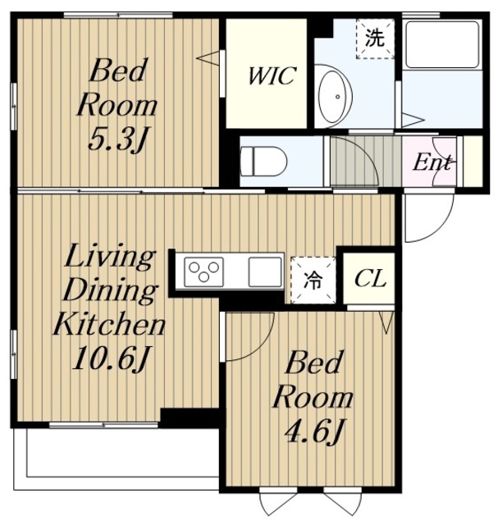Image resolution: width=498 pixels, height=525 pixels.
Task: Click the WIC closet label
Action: tap(272, 75)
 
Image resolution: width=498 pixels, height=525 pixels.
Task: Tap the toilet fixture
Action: tap(263, 162)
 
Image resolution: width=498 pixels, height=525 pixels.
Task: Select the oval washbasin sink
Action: tap(335, 97)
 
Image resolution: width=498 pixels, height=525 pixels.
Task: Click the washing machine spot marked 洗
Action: tap(375, 39)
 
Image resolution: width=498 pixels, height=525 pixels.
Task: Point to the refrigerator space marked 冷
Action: tap(313, 281)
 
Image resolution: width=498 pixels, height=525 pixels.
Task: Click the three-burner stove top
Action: tap(204, 272)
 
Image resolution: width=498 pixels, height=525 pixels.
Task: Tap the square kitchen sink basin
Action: tap(265, 272)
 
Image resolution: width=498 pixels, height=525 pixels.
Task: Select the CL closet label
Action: tap(370, 279)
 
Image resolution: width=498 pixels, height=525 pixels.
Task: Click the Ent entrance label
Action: tap(432, 162)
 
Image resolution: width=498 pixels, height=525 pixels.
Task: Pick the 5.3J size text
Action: tap(117, 139)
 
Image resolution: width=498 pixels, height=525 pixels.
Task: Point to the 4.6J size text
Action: tap(314, 431)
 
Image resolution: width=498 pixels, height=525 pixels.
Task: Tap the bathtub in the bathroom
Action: tap(442, 44)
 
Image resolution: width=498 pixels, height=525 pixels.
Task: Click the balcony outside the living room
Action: tap(116, 459)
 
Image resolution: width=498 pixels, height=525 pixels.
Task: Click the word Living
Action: tap(110, 257)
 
